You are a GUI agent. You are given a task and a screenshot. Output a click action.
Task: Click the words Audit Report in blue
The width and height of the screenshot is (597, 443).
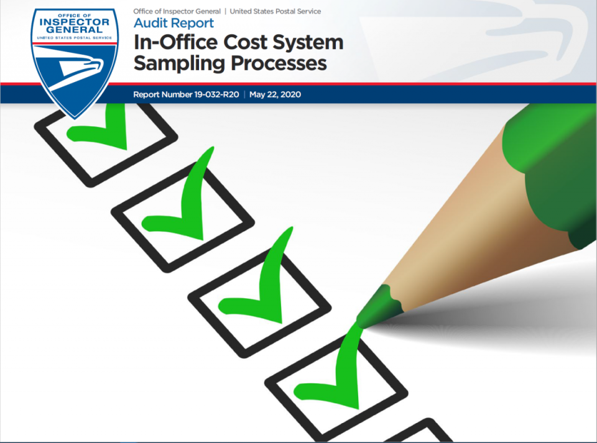point(174,23)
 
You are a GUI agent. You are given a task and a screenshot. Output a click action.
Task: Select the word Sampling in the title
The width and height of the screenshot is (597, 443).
point(179,63)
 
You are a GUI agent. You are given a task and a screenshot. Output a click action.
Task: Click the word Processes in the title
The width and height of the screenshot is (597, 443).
point(279,63)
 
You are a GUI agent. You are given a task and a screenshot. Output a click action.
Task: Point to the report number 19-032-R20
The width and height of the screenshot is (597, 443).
point(216,94)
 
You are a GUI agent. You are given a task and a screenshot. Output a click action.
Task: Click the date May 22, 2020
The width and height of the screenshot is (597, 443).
point(275,94)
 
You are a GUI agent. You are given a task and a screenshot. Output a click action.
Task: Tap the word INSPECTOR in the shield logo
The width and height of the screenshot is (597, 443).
point(74,22)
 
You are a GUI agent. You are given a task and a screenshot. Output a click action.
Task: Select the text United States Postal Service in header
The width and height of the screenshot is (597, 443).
point(275,11)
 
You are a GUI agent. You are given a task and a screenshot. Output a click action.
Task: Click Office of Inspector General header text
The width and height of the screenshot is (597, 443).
point(177,11)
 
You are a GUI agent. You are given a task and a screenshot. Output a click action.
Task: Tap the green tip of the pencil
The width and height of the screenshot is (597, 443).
point(377,308)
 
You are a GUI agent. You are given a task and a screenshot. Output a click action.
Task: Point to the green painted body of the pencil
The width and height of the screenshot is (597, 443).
point(552,171)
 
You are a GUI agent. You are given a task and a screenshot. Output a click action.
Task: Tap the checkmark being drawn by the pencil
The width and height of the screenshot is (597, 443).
point(335,373)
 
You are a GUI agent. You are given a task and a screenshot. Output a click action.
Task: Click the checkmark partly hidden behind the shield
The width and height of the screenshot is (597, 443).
point(103,131)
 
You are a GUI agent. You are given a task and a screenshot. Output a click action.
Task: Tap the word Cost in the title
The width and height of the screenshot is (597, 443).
point(246,42)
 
